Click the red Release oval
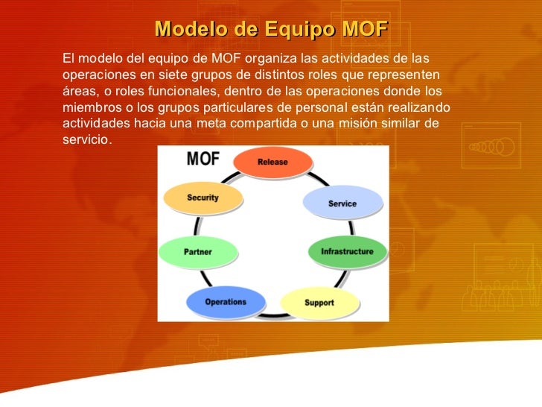point(272,163)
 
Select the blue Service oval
point(342,203)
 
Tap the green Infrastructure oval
point(347,252)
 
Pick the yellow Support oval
point(319,303)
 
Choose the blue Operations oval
point(225,302)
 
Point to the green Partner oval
point(198,252)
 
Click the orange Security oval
point(203,198)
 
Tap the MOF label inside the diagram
point(202,159)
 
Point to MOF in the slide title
point(363,29)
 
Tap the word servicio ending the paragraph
point(86,140)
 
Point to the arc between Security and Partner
point(197,226)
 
